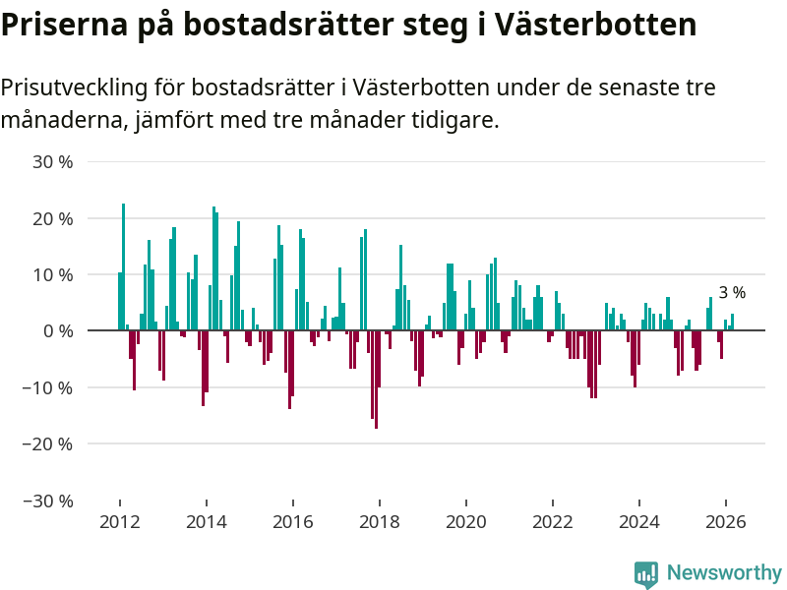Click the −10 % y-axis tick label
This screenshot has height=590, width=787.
[50, 387]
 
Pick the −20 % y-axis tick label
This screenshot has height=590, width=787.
[50, 443]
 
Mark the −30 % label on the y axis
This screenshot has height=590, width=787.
[50, 501]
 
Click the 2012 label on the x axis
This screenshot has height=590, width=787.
[119, 522]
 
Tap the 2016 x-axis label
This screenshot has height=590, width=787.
[293, 522]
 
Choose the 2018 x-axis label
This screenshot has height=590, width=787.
[380, 522]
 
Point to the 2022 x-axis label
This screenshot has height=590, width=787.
[553, 522]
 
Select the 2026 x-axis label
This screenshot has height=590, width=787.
[726, 522]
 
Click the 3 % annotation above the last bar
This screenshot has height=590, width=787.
[732, 293]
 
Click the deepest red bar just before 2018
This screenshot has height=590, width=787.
[376, 380]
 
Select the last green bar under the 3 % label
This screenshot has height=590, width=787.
[732, 323]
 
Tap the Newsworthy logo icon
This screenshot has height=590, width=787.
[645, 573]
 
